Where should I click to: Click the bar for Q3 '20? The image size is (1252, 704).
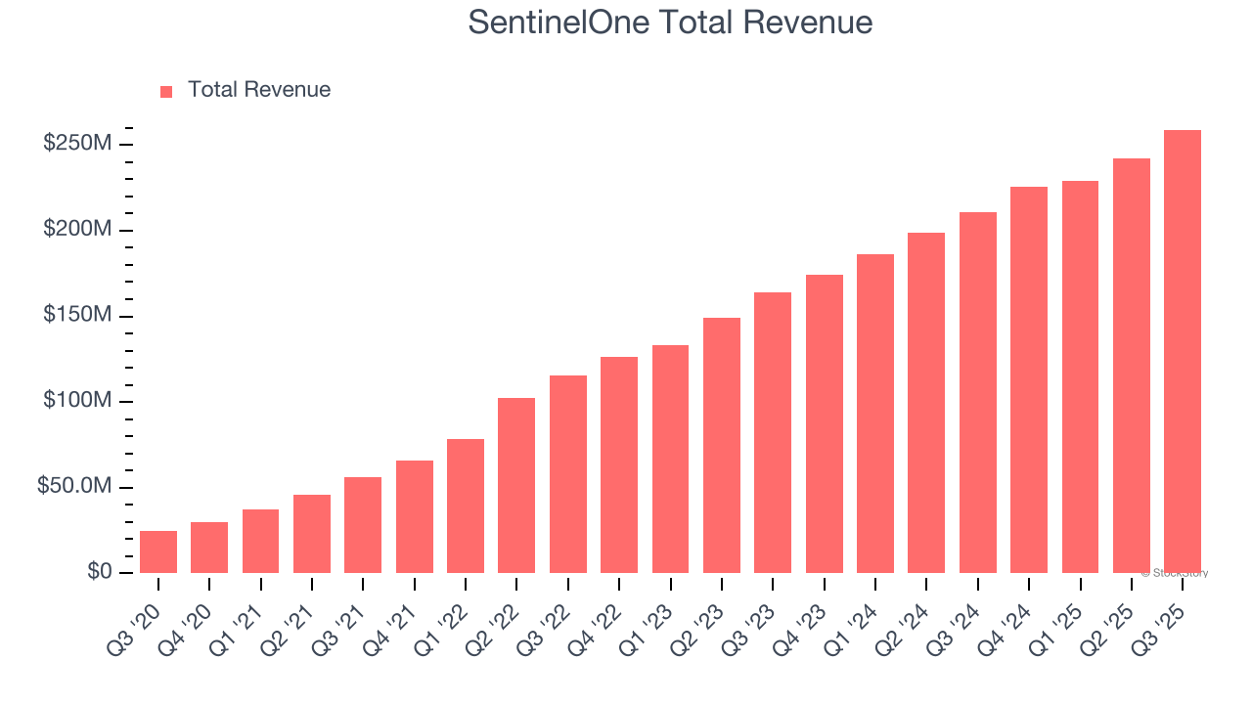tap(158, 551)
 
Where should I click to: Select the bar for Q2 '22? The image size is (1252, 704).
tap(516, 485)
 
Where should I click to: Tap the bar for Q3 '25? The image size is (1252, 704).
tap(1182, 351)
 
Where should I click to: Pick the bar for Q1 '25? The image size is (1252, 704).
tap(1080, 376)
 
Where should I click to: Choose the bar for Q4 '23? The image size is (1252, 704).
tap(824, 423)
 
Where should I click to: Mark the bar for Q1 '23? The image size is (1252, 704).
tap(670, 459)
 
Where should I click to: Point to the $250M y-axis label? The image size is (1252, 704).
tap(76, 144)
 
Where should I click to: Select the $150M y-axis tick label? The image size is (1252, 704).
tap(76, 316)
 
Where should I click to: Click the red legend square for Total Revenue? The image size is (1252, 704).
tap(166, 91)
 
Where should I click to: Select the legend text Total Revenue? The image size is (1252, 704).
tap(259, 90)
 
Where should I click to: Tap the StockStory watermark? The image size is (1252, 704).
tap(1175, 573)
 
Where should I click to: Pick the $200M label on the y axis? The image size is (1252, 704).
tap(76, 230)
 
